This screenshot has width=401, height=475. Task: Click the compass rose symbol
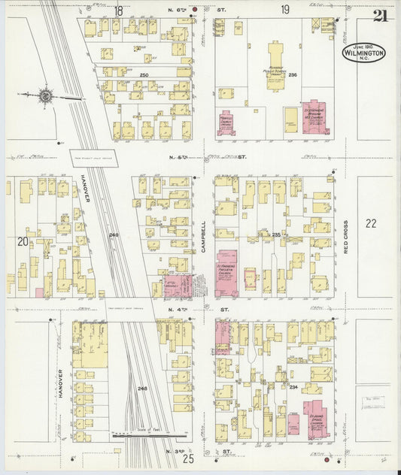(x=44, y=96)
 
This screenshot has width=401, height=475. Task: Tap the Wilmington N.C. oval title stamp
(x=364, y=53)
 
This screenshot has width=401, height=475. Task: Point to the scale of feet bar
(x=147, y=434)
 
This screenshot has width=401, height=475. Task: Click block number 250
(x=144, y=75)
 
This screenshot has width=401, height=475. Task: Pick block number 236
(x=293, y=75)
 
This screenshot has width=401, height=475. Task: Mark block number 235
(x=276, y=235)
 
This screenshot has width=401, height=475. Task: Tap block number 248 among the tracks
(x=143, y=388)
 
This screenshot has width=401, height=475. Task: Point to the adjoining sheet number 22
(x=369, y=223)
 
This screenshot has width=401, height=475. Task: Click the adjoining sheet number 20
(x=23, y=241)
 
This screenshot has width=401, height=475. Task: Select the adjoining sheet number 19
(x=285, y=10)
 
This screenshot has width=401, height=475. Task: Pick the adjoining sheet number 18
(x=118, y=10)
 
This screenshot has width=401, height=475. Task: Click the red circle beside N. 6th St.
(x=194, y=11)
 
